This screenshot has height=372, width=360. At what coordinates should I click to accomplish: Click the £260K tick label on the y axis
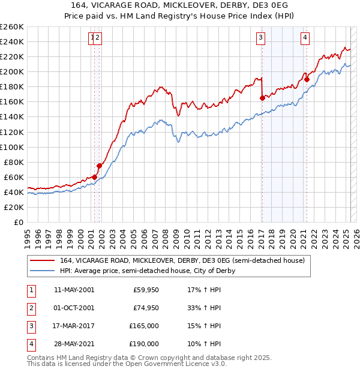[11, 27]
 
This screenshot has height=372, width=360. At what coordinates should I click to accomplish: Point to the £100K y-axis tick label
[11, 147]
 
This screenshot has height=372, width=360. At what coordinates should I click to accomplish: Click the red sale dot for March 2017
[262, 98]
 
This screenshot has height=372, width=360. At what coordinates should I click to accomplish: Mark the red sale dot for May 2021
[307, 79]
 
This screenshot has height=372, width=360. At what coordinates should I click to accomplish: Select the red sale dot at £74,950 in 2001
[99, 166]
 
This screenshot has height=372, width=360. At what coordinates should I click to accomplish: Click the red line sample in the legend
[43, 260]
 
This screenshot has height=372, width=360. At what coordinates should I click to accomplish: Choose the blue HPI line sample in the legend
[43, 271]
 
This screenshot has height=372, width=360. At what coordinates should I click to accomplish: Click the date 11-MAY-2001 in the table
[74, 290]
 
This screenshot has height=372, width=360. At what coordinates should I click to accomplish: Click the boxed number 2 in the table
[30, 308]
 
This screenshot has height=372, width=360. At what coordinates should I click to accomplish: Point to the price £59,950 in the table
[146, 290]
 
